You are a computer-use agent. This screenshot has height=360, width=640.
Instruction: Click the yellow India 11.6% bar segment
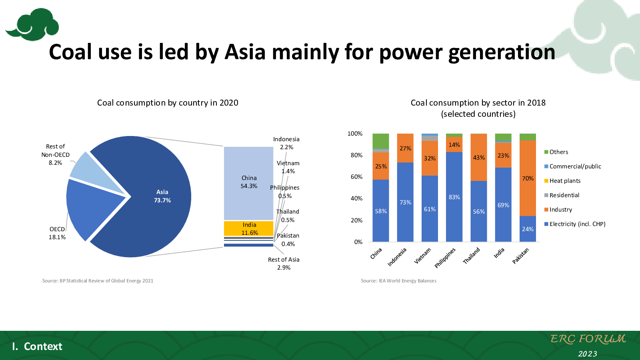(x=248, y=228)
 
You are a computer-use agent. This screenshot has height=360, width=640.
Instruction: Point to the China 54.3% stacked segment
(x=248, y=183)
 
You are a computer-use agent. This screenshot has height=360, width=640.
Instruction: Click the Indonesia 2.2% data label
(x=286, y=143)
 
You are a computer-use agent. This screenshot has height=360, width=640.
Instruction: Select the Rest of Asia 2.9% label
(x=284, y=264)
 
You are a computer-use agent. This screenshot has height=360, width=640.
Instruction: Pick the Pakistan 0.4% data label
(x=288, y=240)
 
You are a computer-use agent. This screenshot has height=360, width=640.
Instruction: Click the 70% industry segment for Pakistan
(x=528, y=178)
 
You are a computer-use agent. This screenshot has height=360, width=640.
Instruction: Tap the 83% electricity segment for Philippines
(x=454, y=197)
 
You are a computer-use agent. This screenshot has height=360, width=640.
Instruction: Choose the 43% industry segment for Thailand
(x=479, y=157)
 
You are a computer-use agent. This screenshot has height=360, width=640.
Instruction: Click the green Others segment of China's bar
(x=381, y=141)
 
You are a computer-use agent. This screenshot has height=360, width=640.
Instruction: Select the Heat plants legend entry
(x=562, y=181)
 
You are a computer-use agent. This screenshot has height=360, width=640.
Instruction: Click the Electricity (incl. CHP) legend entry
(x=575, y=224)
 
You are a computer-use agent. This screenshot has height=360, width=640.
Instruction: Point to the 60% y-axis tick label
(x=356, y=177)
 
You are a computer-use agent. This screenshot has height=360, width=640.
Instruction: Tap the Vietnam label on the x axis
(x=422, y=256)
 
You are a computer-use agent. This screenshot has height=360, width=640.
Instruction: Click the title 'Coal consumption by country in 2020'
(x=168, y=103)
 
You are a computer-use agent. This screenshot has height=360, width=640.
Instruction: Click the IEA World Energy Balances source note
(x=398, y=281)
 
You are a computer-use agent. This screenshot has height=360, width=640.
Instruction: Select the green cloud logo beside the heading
(x=32, y=24)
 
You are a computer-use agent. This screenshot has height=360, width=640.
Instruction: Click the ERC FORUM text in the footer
(x=588, y=339)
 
